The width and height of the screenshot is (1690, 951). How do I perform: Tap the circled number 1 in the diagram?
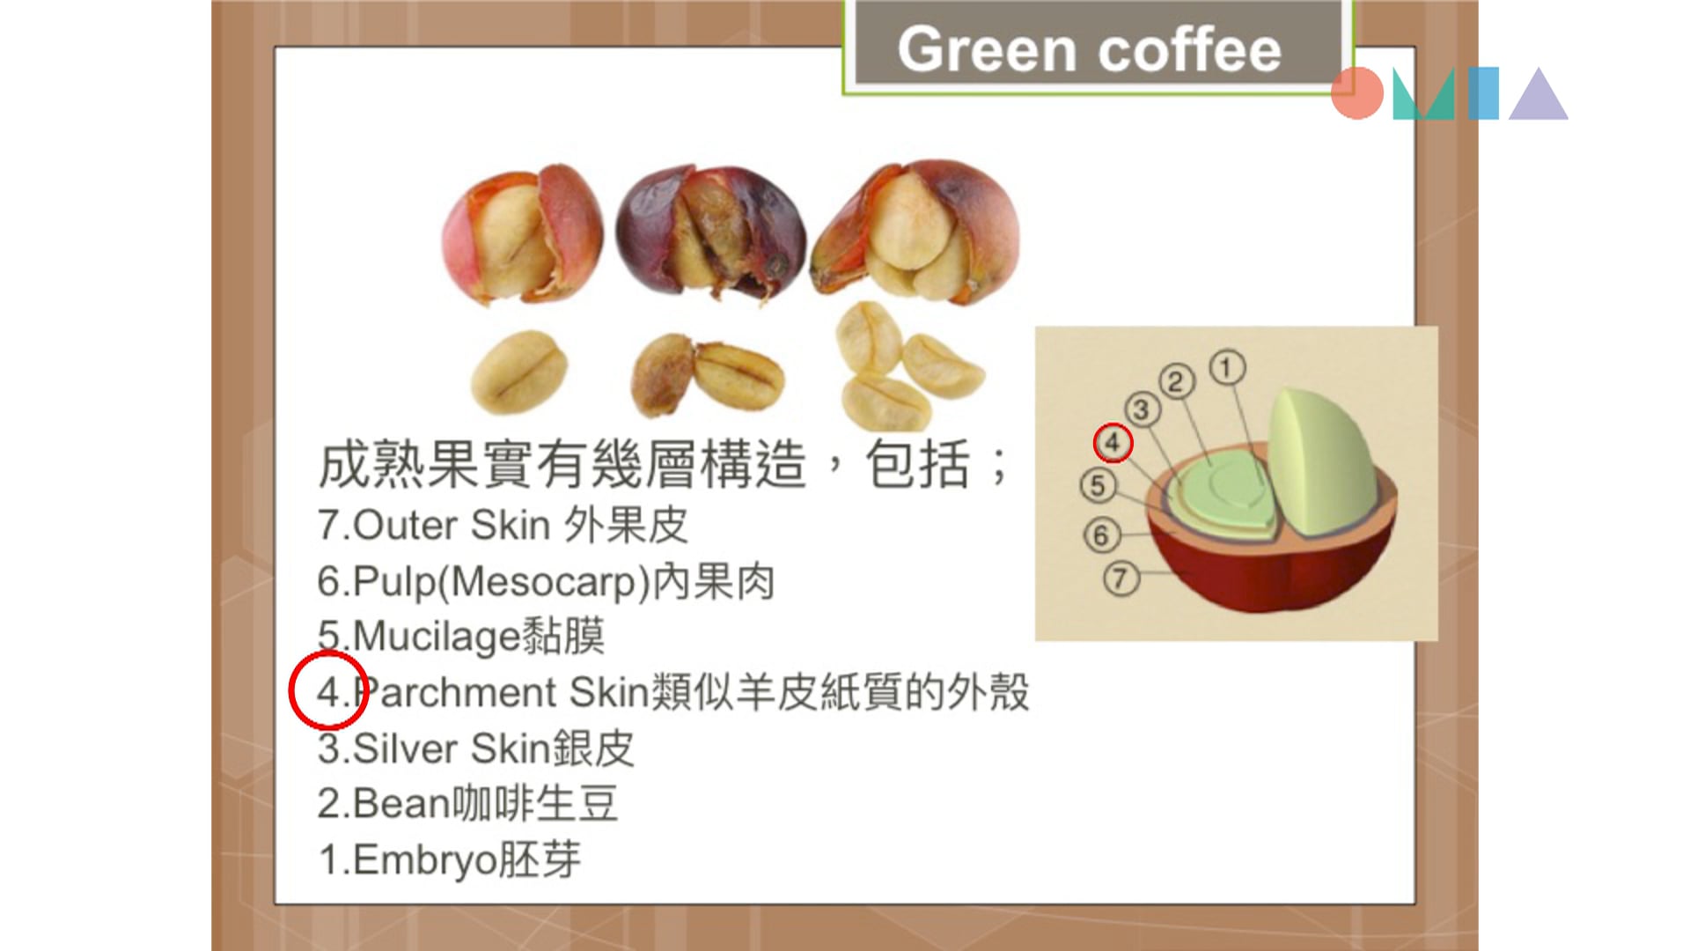point(1227,367)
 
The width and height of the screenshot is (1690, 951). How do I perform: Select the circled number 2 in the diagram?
point(1176,382)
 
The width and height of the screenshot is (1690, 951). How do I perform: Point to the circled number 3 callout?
point(1142,409)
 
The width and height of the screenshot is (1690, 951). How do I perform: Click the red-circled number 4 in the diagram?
point(1113,442)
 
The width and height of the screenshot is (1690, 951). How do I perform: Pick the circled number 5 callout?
point(1098,485)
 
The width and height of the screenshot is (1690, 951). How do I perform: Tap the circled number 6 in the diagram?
point(1100,534)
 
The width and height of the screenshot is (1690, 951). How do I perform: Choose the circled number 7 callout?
point(1121,579)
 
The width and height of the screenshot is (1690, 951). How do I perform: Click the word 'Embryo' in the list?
point(426,860)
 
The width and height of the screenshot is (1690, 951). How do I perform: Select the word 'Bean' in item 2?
point(401,803)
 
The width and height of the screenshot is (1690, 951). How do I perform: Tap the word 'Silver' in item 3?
point(406,748)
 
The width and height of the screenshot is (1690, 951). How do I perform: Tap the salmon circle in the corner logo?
point(1357,92)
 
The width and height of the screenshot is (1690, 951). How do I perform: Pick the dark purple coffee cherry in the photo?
point(709,231)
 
